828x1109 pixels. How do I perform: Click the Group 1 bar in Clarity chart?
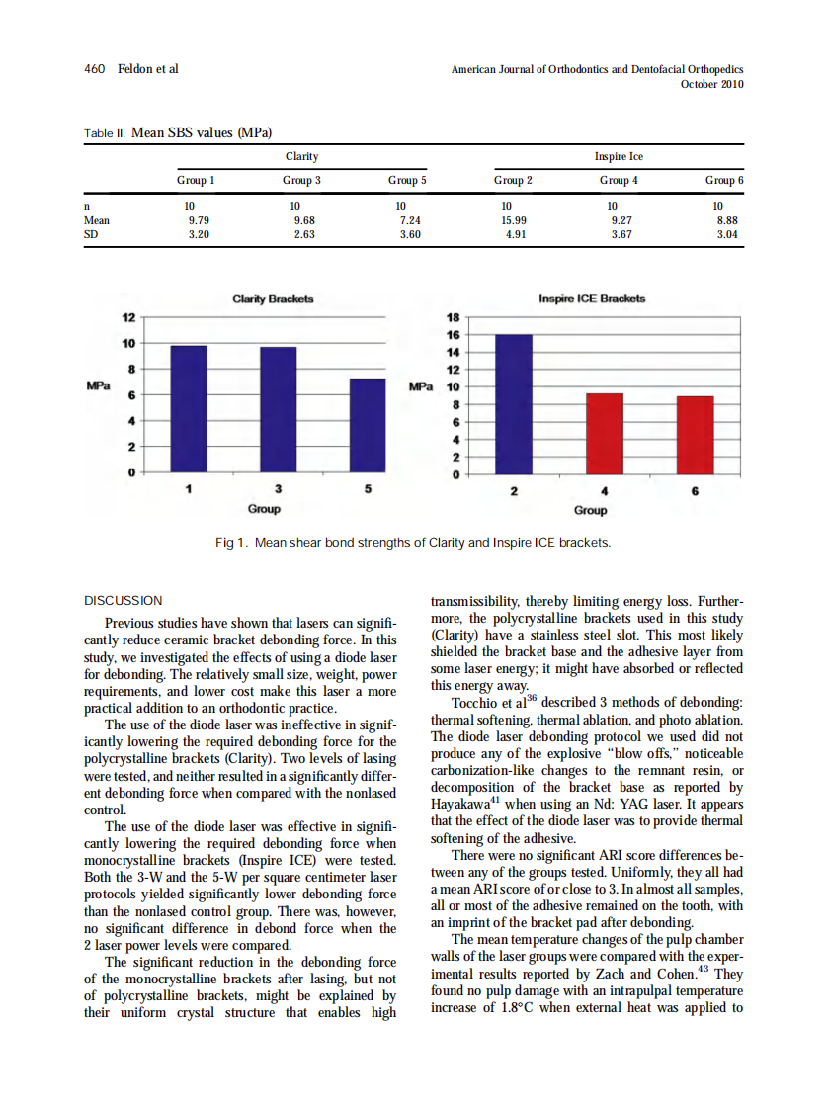(x=189, y=409)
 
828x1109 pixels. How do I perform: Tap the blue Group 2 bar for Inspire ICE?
(x=514, y=404)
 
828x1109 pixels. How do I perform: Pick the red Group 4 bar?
(x=605, y=434)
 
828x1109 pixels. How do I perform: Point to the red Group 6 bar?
(x=695, y=435)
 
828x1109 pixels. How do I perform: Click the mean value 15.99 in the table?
(x=514, y=221)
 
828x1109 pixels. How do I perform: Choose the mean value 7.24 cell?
(x=407, y=221)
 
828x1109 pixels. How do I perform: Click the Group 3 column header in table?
(x=301, y=181)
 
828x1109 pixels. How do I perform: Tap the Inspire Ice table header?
(x=619, y=156)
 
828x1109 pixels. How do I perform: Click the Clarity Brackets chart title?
(x=273, y=299)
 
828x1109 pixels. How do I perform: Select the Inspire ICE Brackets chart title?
(x=592, y=299)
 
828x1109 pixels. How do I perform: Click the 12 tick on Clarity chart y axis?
(x=127, y=317)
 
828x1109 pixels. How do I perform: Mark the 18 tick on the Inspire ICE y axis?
(x=454, y=317)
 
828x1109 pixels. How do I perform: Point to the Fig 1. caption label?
(x=231, y=543)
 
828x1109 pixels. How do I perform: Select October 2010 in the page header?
(x=711, y=84)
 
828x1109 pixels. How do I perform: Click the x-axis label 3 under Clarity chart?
(x=279, y=489)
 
